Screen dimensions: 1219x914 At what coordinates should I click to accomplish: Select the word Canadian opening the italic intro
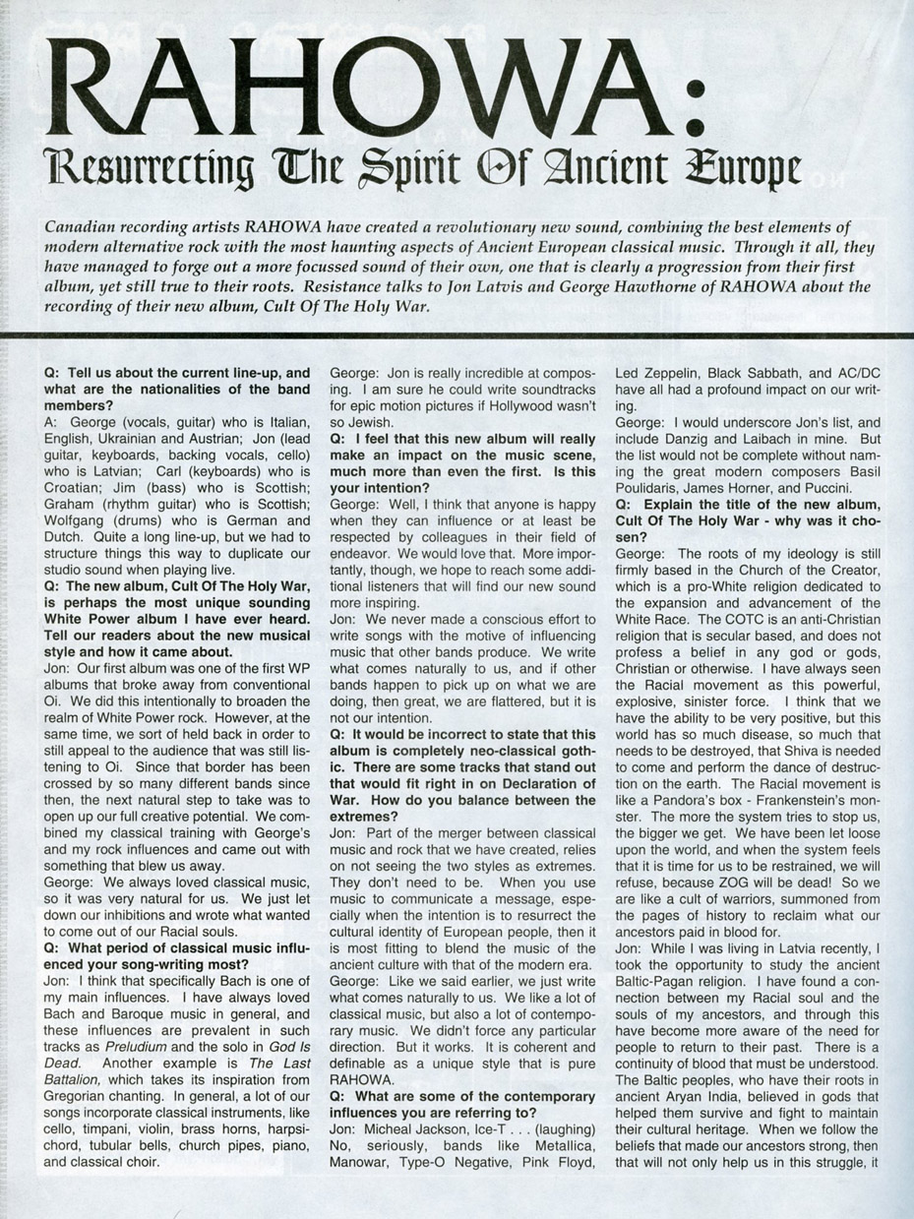[83, 226]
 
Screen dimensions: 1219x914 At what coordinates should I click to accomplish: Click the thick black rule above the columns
[457, 336]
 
